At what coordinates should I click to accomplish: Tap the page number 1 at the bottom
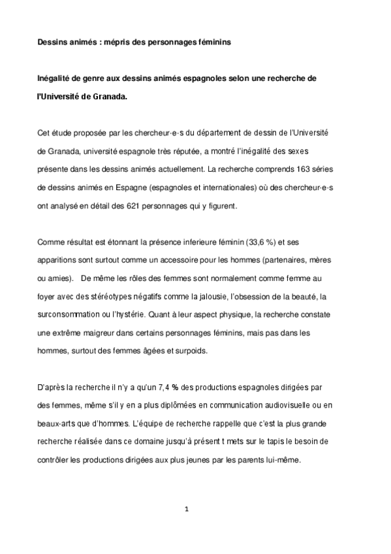point(187,510)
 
